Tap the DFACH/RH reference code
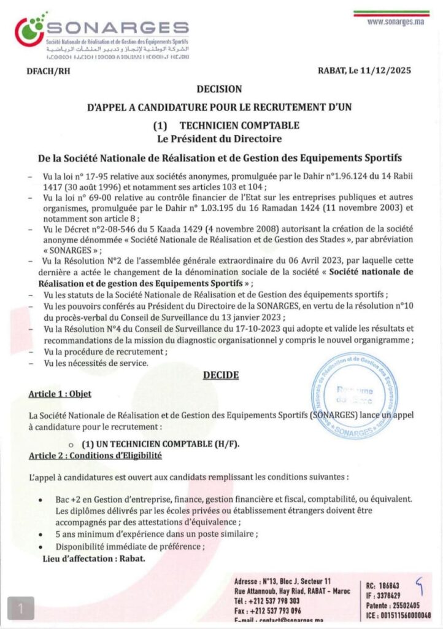pyautogui.click(x=48, y=71)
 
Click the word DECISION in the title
pyautogui.click(x=219, y=89)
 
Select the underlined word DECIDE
pyautogui.click(x=220, y=375)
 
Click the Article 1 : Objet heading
pyautogui.click(x=60, y=394)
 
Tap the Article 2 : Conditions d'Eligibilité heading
pyautogui.click(x=95, y=455)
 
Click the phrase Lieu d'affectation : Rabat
pyautogui.click(x=94, y=558)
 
